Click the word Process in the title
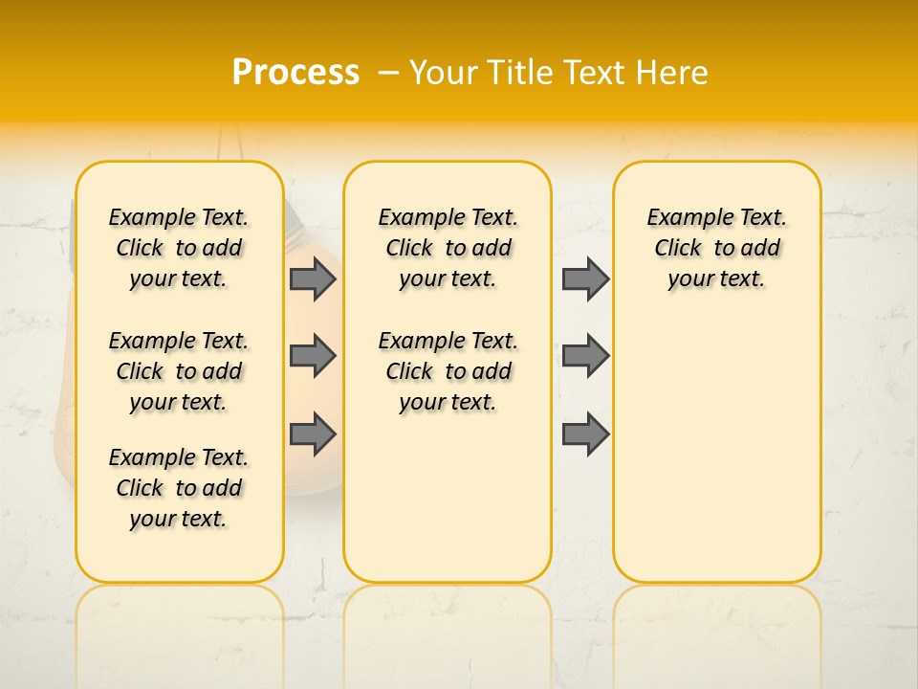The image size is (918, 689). click(x=295, y=73)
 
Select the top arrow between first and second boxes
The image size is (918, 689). click(x=312, y=278)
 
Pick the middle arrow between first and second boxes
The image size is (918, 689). click(x=312, y=356)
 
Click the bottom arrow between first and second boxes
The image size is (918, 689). click(x=312, y=434)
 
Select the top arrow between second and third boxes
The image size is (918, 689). click(x=585, y=278)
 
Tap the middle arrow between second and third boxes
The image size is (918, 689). click(x=585, y=356)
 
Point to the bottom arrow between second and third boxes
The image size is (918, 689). click(x=585, y=434)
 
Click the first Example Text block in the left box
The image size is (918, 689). click(x=179, y=248)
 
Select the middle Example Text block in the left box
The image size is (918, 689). click(x=179, y=371)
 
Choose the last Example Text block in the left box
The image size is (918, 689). click(x=179, y=488)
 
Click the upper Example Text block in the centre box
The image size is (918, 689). click(x=448, y=248)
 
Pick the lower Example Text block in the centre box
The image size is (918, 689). click(x=448, y=371)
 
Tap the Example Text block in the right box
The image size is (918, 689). click(x=717, y=248)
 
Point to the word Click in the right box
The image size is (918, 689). click(x=678, y=248)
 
